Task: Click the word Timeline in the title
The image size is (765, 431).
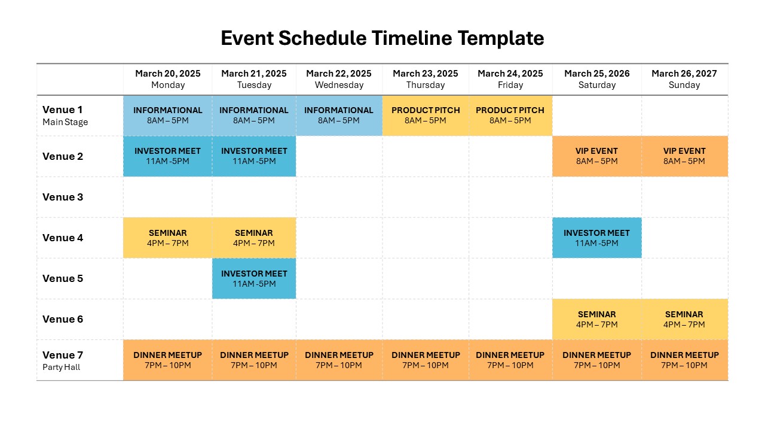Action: [412, 38]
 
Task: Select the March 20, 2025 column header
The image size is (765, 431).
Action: [168, 79]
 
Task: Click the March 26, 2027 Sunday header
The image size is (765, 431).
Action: [684, 79]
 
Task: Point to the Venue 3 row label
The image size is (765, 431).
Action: [63, 197]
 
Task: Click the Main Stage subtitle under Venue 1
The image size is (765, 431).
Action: [65, 122]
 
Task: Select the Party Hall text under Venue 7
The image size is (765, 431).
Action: [61, 367]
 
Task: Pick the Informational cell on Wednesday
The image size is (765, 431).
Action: [339, 116]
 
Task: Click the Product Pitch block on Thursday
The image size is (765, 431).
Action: [426, 116]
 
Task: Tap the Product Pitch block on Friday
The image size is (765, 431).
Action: [510, 116]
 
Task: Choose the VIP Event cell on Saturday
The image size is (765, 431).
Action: [596, 156]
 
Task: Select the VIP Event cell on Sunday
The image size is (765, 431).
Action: [684, 156]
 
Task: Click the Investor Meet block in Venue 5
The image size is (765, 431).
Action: [254, 278]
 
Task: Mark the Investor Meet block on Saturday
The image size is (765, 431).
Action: [596, 238]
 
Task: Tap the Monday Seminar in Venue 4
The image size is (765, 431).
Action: [168, 238]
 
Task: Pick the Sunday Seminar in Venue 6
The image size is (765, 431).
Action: [684, 319]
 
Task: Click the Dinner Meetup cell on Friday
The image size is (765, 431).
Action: [510, 360]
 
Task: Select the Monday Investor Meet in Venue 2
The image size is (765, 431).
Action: [168, 156]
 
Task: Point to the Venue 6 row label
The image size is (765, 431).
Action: [63, 319]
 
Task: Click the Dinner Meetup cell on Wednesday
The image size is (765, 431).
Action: [339, 360]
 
